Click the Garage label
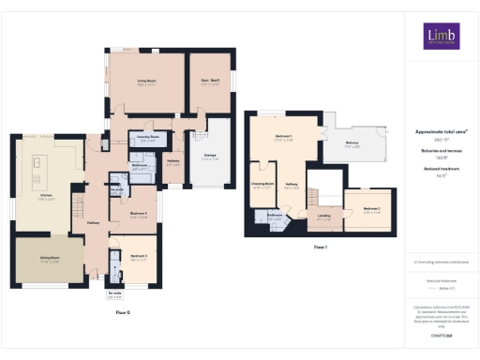tap(208, 156)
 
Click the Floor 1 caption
tap(320, 247)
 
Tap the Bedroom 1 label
tap(284, 138)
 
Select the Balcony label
tap(352, 144)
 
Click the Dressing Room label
tap(262, 185)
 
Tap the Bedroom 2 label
tap(371, 209)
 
